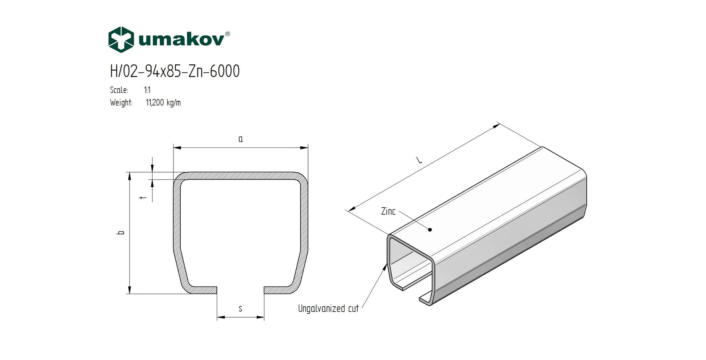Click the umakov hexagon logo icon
(121, 39)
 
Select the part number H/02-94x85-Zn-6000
(175, 71)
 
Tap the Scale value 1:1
(147, 90)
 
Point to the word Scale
(119, 90)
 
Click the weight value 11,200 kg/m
(163, 102)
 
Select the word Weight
(121, 102)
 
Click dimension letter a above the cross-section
(240, 139)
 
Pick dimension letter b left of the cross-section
(121, 232)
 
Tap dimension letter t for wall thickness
(144, 197)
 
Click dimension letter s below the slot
(240, 309)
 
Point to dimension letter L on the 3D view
(419, 160)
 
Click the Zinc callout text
(388, 211)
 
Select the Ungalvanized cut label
(328, 309)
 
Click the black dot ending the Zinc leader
(430, 230)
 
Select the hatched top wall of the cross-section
(240, 176)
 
